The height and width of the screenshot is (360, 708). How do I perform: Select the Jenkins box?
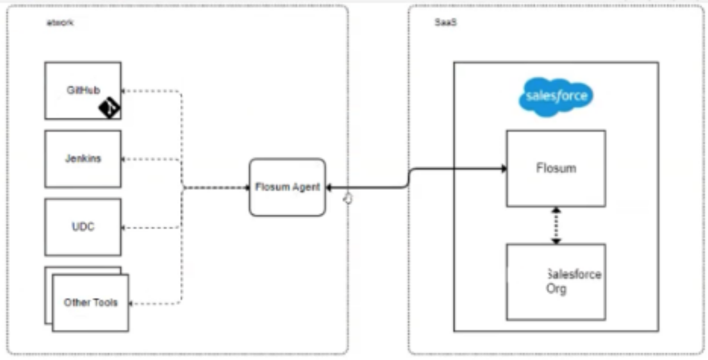click(x=82, y=158)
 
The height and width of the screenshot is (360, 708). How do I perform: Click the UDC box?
click(x=82, y=227)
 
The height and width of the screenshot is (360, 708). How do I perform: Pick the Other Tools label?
click(x=90, y=303)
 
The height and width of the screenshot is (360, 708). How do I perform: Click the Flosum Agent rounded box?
click(x=288, y=187)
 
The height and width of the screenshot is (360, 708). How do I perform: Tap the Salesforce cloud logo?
click(x=556, y=97)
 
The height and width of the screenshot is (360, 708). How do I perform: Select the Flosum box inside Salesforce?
click(x=556, y=168)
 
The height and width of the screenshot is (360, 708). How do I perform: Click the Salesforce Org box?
click(x=556, y=282)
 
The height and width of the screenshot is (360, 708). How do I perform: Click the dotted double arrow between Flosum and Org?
click(x=556, y=225)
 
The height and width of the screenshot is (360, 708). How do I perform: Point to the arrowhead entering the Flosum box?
click(x=503, y=169)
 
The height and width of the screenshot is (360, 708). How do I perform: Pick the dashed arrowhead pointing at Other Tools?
click(x=132, y=303)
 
